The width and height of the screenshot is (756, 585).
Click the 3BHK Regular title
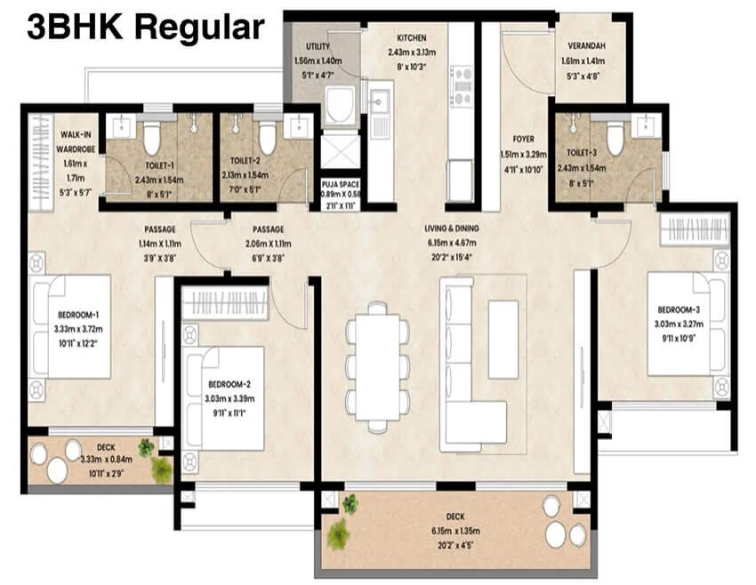145,27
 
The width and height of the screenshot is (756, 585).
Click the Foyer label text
523,139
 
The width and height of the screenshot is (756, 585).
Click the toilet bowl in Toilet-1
151,138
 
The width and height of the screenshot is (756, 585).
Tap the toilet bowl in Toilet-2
267,138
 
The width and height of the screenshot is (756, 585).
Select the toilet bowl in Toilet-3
615,138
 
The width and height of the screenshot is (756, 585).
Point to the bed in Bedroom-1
71,325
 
